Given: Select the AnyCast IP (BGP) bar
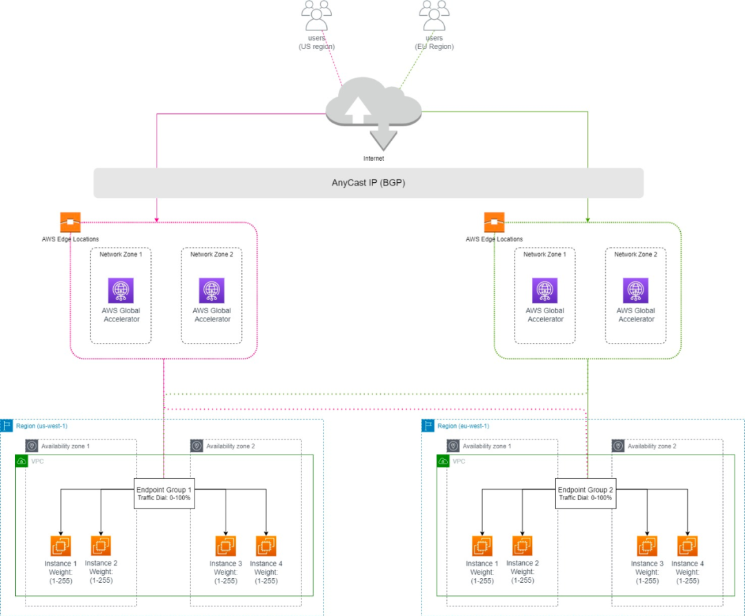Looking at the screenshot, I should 368,183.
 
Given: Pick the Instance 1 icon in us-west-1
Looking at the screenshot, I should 61,546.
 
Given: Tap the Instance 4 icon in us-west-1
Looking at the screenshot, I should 266,546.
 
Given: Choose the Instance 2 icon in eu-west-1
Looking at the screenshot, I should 522,546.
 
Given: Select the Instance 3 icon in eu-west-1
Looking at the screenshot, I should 647,546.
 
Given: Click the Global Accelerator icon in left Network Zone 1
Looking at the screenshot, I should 121,290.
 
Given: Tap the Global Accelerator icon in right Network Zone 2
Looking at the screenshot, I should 635,290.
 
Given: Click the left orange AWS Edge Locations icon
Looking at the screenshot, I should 70,222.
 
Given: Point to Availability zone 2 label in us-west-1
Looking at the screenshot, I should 230,446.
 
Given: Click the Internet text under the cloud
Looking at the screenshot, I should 374,159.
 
